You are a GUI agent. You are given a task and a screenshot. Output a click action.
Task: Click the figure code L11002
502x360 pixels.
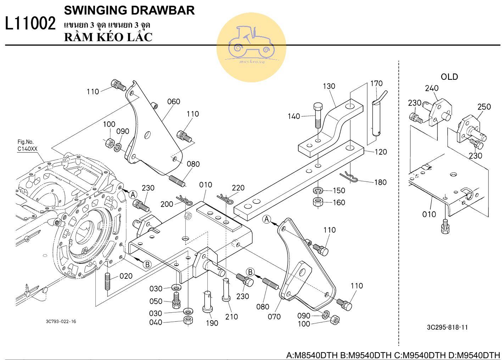[x=30, y=24]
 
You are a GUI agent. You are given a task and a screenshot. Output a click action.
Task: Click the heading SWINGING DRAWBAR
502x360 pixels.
[x=129, y=10]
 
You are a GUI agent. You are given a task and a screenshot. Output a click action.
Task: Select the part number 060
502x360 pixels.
[x=174, y=102]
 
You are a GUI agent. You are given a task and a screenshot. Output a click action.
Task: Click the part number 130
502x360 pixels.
[x=329, y=86]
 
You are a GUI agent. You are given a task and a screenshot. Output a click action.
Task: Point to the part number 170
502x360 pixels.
[x=376, y=83]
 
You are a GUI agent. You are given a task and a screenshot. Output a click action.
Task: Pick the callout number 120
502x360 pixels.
[x=380, y=152]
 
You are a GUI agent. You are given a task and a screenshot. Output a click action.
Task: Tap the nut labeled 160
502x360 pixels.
[x=317, y=202]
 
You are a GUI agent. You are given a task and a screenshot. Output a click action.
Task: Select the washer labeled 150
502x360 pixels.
[x=317, y=191]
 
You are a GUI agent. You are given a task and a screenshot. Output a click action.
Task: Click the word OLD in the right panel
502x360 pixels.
[x=449, y=77]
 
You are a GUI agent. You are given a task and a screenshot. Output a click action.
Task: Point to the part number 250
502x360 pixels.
[x=484, y=107]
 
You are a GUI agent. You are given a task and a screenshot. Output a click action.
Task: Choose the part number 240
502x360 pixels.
[x=432, y=88]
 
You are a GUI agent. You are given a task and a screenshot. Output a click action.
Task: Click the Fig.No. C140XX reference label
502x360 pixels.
[x=27, y=145]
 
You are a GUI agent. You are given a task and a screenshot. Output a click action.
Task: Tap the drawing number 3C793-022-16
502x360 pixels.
[x=61, y=322]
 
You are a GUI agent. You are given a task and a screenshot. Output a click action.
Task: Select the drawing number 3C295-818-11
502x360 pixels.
[x=447, y=327]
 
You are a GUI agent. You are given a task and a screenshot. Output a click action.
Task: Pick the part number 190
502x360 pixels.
[x=212, y=323]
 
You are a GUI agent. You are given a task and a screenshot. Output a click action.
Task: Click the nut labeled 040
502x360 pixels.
[x=188, y=321]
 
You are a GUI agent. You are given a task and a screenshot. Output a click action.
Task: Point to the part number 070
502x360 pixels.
[x=274, y=316]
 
